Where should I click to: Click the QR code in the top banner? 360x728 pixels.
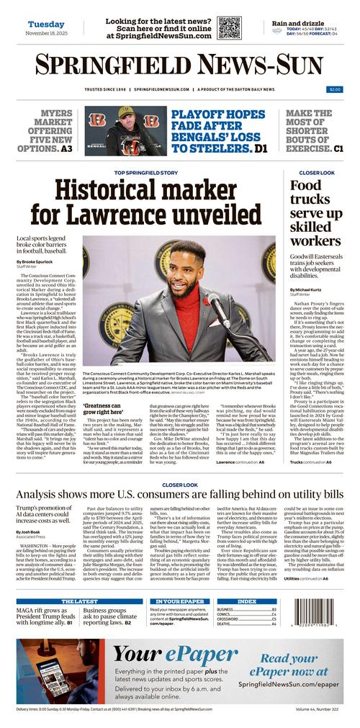230,27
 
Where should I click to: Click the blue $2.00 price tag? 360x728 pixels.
335,89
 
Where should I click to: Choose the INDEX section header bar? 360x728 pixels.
247,601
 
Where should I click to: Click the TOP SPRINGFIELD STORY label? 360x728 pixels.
146,173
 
